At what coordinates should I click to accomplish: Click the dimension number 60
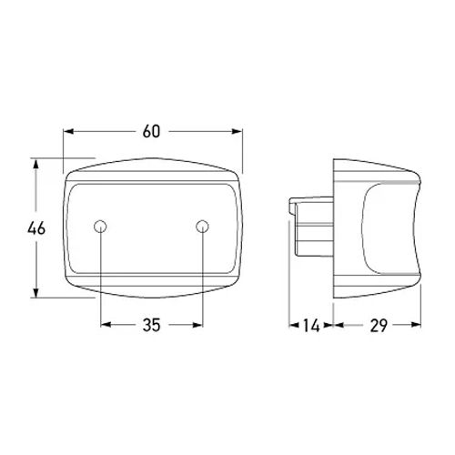(x=151, y=131)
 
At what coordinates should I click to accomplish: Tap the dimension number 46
(x=36, y=228)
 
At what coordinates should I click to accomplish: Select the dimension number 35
(x=151, y=325)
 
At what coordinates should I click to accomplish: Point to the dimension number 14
(x=311, y=326)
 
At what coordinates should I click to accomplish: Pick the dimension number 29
(x=379, y=326)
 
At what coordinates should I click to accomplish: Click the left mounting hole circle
(x=100, y=227)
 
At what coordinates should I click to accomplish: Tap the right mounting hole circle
(x=202, y=227)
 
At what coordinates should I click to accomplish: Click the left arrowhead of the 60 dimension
(x=69, y=131)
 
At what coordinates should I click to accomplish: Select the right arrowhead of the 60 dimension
(x=237, y=131)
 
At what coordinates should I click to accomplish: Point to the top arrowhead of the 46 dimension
(x=35, y=164)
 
